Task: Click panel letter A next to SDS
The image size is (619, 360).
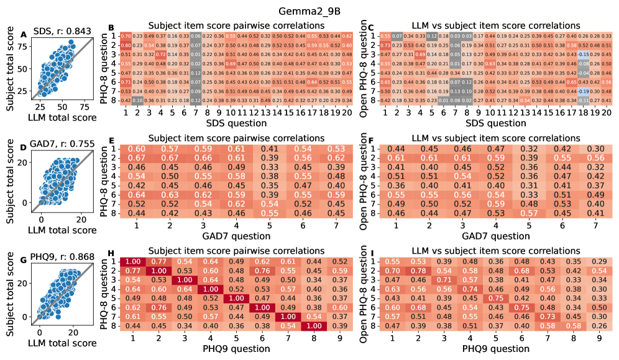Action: click(24, 34)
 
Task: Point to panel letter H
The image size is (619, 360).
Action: click(111, 256)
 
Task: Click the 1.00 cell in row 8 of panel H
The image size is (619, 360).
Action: click(314, 326)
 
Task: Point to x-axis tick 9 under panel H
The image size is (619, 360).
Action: click(339, 337)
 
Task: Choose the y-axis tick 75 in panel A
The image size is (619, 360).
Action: click(20, 46)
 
